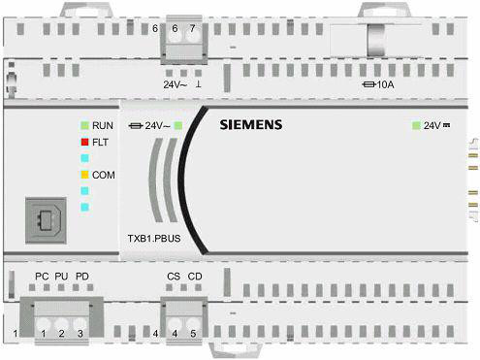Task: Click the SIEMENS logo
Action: click(251, 125)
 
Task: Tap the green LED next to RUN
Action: click(84, 125)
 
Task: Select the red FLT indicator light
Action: click(84, 142)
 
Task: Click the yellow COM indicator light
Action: click(84, 175)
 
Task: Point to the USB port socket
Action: click(46, 220)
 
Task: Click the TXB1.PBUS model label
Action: click(154, 239)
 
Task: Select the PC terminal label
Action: click(42, 277)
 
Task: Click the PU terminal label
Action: click(61, 277)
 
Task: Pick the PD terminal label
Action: click(82, 277)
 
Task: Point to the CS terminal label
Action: click(174, 277)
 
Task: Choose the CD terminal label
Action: click(195, 277)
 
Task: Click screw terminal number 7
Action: click(193, 34)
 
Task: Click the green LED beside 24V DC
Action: click(416, 125)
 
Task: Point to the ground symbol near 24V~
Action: click(198, 84)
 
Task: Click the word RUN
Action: click(103, 125)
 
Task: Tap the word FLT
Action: click(100, 142)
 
